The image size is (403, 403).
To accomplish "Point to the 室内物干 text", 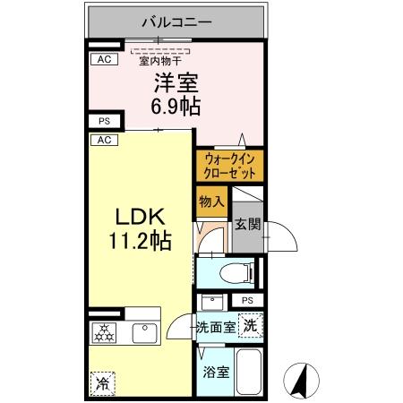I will pyautogui.click(x=159, y=60).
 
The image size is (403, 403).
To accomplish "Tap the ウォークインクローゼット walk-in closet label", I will pyautogui.click(x=230, y=165).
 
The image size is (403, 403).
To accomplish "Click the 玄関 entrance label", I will pyautogui.click(x=247, y=225).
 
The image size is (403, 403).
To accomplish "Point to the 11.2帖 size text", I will pyautogui.click(x=141, y=240).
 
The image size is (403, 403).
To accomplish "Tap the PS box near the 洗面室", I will pyautogui.click(x=247, y=300).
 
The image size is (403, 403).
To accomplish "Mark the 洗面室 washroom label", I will pyautogui.click(x=216, y=327).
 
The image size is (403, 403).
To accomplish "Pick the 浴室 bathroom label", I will pyautogui.click(x=215, y=372).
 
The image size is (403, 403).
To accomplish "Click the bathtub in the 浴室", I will pyautogui.click(x=249, y=372).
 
